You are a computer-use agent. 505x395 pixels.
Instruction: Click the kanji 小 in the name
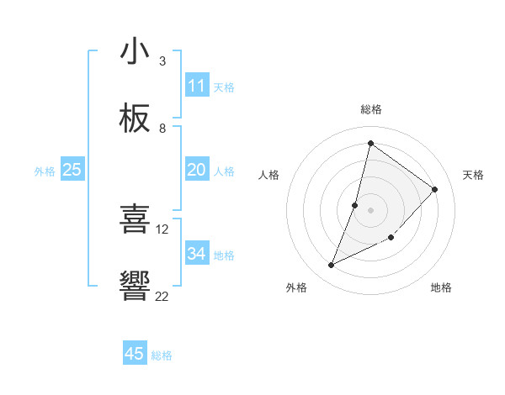coord(135,52)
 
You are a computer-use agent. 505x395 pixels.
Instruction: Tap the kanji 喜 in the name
coord(135,220)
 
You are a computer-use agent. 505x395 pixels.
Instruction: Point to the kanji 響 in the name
coord(135,287)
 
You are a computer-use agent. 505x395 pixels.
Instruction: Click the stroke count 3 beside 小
coord(162,61)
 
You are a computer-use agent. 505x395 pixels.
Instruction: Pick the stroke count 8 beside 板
coord(162,129)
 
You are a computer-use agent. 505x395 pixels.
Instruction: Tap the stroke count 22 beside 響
coord(162,296)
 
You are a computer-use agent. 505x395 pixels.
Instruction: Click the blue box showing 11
coord(197,86)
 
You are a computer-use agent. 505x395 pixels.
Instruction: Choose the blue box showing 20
coord(197,170)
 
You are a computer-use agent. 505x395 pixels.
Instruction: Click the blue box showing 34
coord(197,254)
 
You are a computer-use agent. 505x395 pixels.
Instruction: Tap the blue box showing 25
coord(72,170)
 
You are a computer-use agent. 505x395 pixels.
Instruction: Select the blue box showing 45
coord(135,354)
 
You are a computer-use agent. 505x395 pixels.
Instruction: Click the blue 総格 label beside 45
coord(162,355)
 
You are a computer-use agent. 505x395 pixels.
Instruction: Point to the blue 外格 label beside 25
coord(45,171)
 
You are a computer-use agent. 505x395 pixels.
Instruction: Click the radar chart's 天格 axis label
coord(474,175)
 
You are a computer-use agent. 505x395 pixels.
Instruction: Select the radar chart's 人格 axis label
coord(268,175)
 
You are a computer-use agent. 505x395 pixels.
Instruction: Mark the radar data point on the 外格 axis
coord(332,266)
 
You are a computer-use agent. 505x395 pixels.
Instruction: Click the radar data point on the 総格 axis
coord(370,143)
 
